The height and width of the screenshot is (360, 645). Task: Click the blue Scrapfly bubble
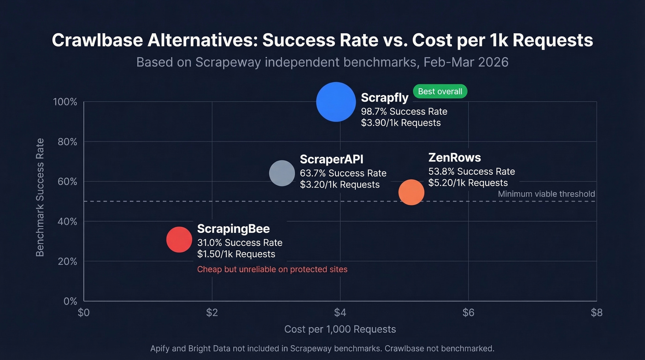click(336, 102)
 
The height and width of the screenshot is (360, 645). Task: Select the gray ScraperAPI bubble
click(281, 173)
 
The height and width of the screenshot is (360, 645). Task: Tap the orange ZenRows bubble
click(411, 192)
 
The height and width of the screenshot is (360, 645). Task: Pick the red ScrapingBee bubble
click(179, 240)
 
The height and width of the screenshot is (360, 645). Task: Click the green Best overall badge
click(440, 91)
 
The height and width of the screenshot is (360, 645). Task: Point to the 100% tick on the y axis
click(65, 102)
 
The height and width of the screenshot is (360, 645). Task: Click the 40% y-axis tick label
click(67, 221)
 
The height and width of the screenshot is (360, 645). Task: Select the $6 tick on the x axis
click(468, 313)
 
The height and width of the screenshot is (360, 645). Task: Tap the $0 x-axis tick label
click(83, 313)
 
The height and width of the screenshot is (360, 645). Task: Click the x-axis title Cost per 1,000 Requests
click(340, 329)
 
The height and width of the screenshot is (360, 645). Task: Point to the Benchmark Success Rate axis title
click(41, 197)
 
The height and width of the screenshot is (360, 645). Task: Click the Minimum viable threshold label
click(546, 194)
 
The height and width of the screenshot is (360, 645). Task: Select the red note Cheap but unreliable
click(272, 269)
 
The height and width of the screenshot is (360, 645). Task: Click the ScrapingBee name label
click(233, 229)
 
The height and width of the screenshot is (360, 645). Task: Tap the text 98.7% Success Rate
click(404, 111)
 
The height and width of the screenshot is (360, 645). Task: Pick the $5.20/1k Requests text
click(468, 183)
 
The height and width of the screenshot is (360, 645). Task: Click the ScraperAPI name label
click(331, 159)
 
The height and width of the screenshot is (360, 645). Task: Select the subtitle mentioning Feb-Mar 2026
click(322, 62)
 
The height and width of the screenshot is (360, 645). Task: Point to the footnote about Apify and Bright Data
click(322, 348)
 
